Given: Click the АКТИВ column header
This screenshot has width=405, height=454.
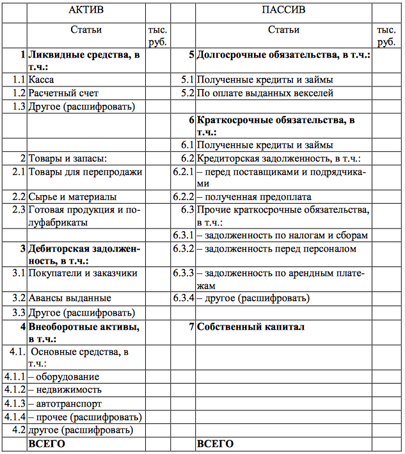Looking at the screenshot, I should (86, 10).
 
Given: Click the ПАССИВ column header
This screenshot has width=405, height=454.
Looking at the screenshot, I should (283, 10).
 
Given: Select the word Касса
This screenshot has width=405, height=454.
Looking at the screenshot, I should (41, 80).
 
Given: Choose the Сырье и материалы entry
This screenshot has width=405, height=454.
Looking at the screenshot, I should (72, 197).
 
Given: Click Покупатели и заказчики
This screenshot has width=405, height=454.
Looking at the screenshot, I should (83, 273).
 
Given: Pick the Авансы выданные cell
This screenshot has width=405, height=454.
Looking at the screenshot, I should (70, 298).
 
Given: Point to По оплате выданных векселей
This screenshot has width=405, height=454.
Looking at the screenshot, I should (265, 93).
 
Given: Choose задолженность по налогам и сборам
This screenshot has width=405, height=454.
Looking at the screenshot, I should (282, 235).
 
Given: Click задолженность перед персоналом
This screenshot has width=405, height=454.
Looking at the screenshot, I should (277, 248).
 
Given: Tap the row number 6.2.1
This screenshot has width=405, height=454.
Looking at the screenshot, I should (182, 172).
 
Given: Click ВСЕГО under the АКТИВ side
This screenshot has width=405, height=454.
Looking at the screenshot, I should (46, 444).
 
